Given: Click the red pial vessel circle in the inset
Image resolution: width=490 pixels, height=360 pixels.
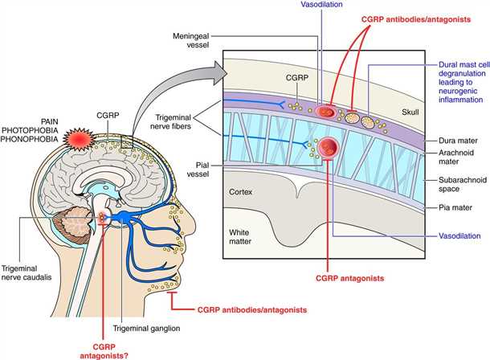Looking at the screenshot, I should tap(331, 148).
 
